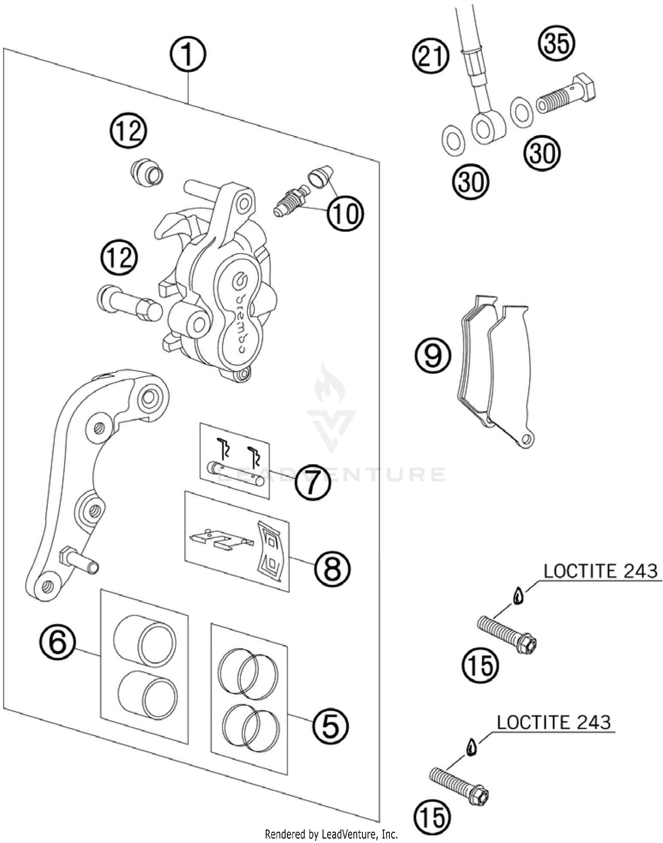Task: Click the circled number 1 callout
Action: pyautogui.click(x=188, y=55)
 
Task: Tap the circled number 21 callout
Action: pyautogui.click(x=431, y=57)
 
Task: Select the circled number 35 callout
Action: pyautogui.click(x=556, y=43)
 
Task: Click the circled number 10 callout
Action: pyautogui.click(x=345, y=213)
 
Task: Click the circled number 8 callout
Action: pyautogui.click(x=332, y=568)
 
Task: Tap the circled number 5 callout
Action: pyautogui.click(x=331, y=726)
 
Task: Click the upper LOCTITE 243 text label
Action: pyautogui.click(x=601, y=571)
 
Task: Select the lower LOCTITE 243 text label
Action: pyautogui.click(x=554, y=722)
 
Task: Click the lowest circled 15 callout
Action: pyautogui.click(x=433, y=816)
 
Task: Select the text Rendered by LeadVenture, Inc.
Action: pyautogui.click(x=331, y=834)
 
